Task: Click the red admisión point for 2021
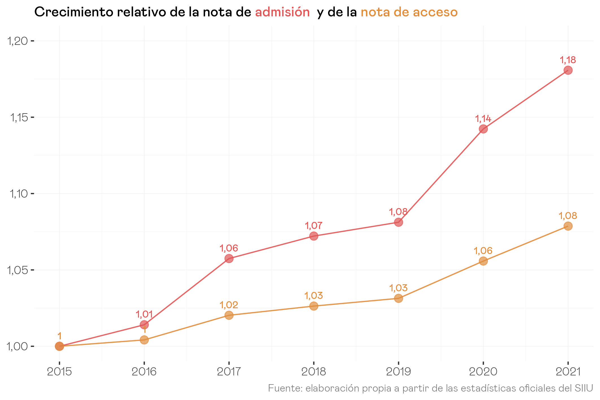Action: click(568, 70)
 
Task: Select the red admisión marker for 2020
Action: click(483, 129)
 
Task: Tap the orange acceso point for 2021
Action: click(568, 226)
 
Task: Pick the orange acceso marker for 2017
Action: click(229, 315)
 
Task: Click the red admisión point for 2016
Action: click(144, 325)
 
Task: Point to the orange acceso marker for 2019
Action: click(398, 298)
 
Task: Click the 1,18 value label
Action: click(568, 60)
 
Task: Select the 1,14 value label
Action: click(483, 119)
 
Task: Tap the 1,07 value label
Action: click(313, 226)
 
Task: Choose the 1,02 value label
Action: click(229, 305)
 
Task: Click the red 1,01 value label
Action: click(144, 314)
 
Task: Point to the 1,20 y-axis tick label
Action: click(18, 41)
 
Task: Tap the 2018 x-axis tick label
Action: click(314, 372)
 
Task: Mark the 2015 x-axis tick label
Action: click(59, 372)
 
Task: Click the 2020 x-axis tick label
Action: click(483, 372)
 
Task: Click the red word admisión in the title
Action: click(282, 12)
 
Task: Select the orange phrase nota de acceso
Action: click(409, 12)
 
